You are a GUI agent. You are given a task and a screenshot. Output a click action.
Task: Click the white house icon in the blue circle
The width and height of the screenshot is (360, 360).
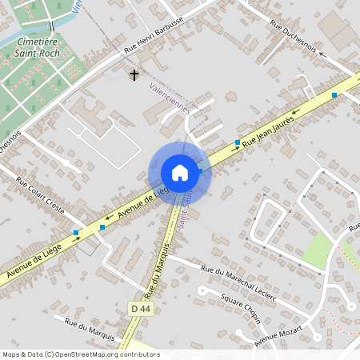(x=179, y=173)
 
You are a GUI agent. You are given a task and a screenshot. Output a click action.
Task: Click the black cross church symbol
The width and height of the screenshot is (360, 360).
(x=134, y=75)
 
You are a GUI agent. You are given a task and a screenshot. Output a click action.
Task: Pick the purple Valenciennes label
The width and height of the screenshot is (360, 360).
(x=170, y=99)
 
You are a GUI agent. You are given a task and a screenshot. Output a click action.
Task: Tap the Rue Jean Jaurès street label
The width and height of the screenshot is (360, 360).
(x=269, y=130)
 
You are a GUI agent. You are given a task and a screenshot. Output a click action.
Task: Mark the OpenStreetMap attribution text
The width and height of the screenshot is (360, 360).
(x=81, y=354)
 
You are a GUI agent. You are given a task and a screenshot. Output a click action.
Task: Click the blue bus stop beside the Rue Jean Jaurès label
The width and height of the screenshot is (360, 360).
(x=238, y=142)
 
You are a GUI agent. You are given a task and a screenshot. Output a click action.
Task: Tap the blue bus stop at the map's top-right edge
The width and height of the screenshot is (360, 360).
(x=334, y=94)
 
